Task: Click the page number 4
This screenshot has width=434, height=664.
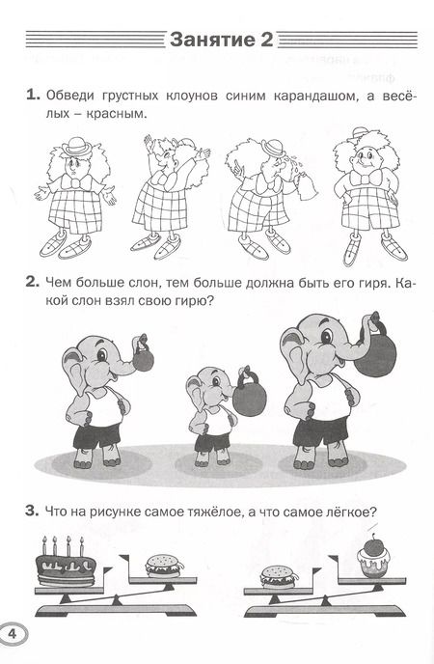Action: click(x=12, y=634)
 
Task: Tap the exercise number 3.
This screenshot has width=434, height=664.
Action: click(x=31, y=512)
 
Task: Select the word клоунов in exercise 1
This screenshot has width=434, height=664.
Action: click(x=189, y=96)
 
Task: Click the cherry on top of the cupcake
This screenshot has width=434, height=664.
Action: click(x=373, y=546)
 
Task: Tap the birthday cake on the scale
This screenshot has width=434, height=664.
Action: click(x=66, y=563)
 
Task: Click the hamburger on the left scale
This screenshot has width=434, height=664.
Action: click(x=165, y=566)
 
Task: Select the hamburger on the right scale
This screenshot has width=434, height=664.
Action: click(x=279, y=577)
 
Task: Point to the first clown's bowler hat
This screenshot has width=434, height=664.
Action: click(x=76, y=146)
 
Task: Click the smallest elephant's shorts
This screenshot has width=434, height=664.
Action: click(x=212, y=441)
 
